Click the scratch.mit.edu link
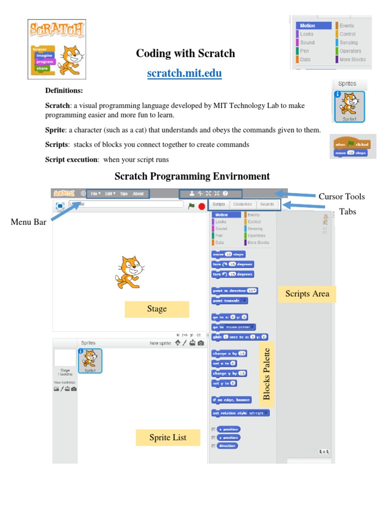(184, 74)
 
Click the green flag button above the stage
(191, 205)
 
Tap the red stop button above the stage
(202, 206)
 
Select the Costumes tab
(243, 204)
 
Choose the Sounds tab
(267, 204)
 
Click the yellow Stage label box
(157, 309)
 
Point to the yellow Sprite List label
(167, 437)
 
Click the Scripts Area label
(307, 294)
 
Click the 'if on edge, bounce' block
(231, 400)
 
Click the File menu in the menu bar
(95, 193)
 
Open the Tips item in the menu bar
(124, 193)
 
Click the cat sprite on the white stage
(129, 272)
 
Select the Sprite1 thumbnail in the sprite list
(90, 360)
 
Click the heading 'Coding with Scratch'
(185, 53)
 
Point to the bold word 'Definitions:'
(64, 90)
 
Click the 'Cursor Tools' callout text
(341, 196)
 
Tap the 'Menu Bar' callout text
(29, 221)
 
